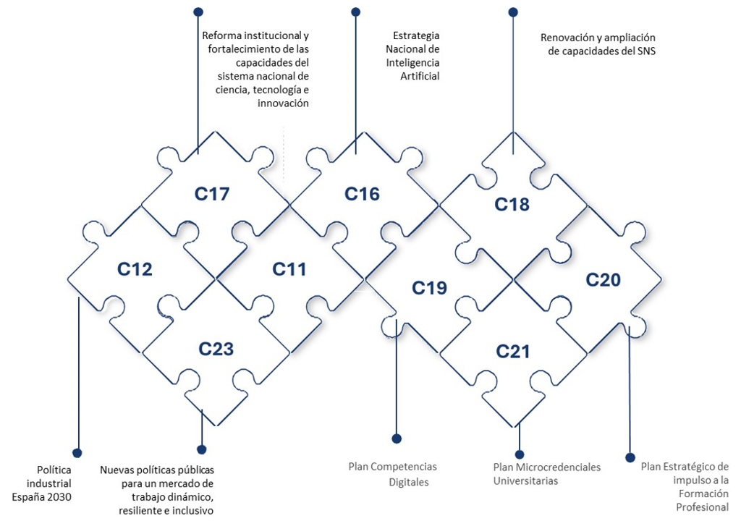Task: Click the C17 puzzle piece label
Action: [212, 194]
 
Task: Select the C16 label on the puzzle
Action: [362, 194]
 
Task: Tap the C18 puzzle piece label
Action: [512, 205]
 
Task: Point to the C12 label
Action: [135, 270]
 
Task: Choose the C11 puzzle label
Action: [289, 269]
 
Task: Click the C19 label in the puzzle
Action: [430, 288]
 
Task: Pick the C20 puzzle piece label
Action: [604, 279]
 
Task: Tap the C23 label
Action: [216, 349]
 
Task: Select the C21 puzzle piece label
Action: [513, 352]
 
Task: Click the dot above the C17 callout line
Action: [198, 12]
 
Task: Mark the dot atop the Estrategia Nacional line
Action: [355, 12]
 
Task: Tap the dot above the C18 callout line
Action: [513, 12]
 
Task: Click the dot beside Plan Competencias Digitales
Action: [397, 438]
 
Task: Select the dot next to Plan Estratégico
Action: [630, 457]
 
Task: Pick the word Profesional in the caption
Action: [702, 507]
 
